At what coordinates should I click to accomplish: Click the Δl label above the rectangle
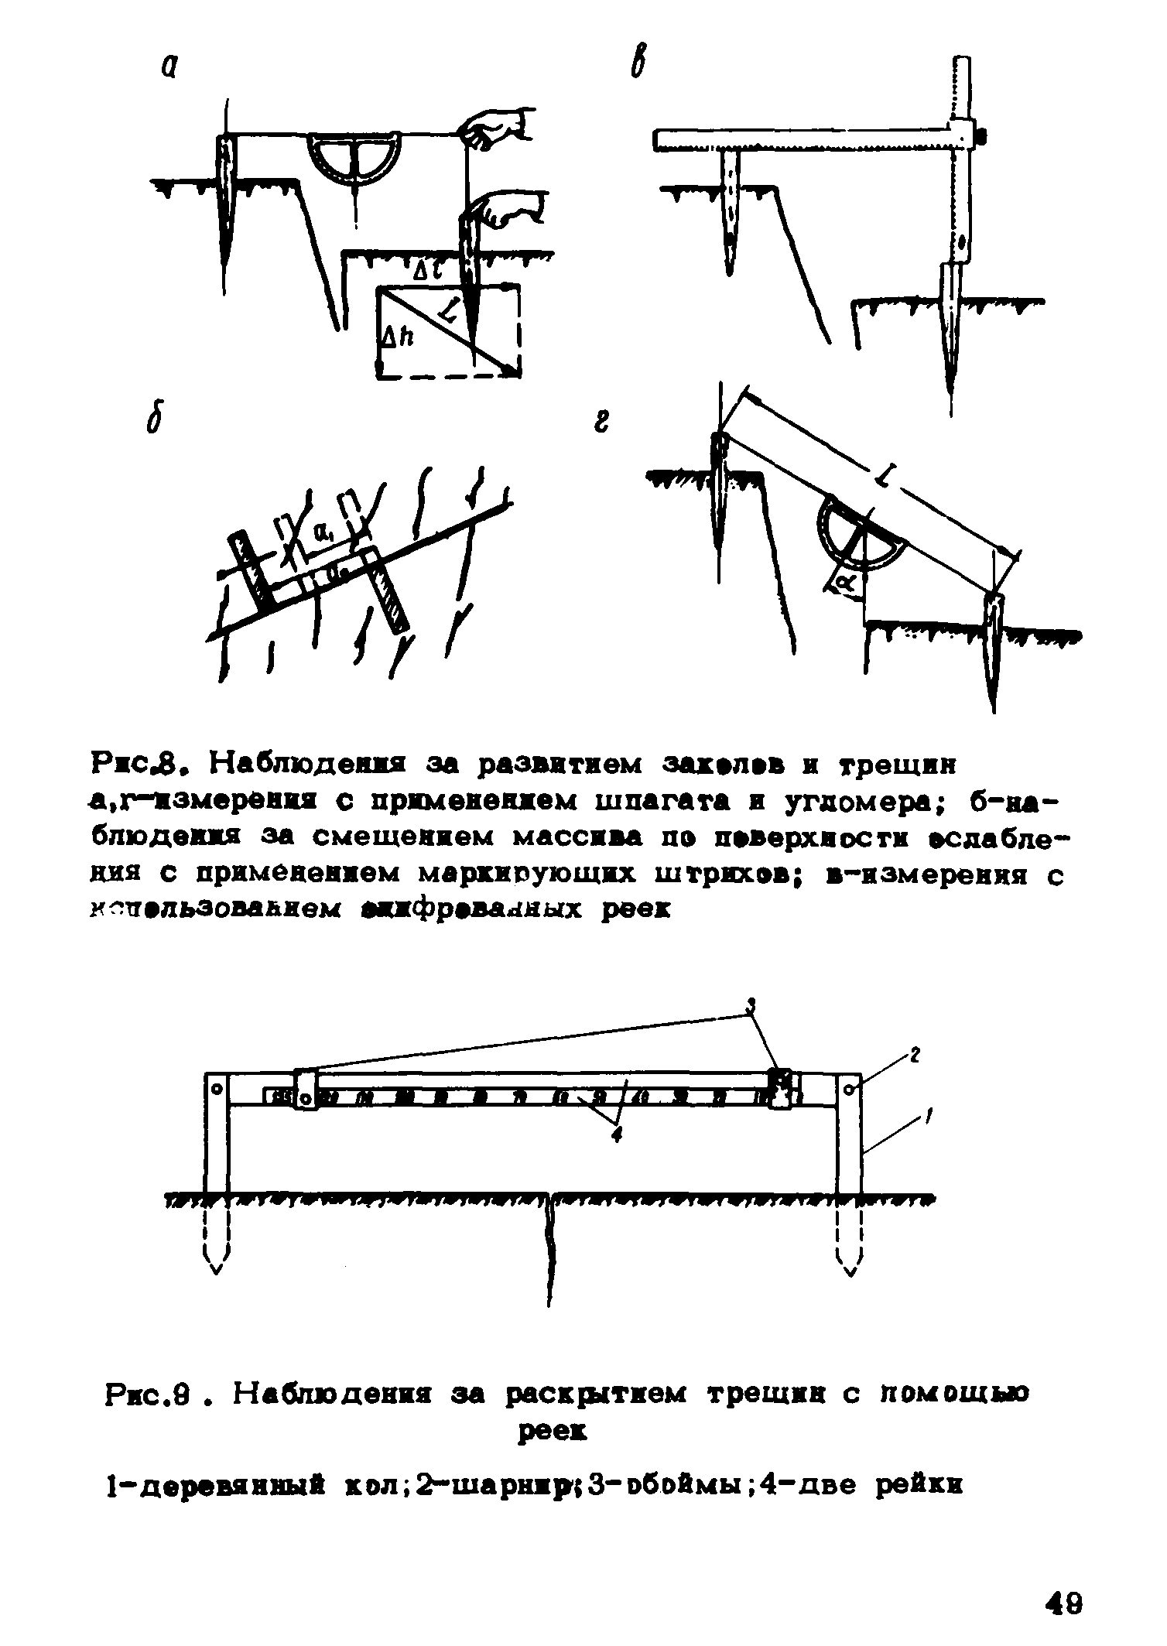tap(423, 271)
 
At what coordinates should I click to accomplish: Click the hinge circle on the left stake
tap(217, 1089)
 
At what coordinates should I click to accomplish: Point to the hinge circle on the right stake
tap(850, 1089)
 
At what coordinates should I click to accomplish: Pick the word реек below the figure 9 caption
tap(552, 1432)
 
